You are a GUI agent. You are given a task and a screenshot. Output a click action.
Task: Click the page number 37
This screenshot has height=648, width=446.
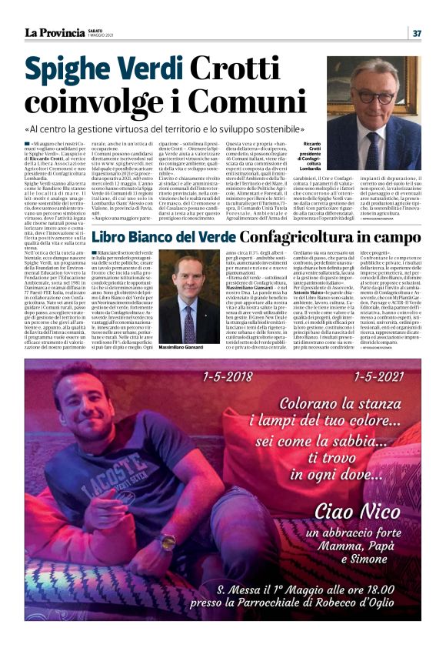[417, 32]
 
